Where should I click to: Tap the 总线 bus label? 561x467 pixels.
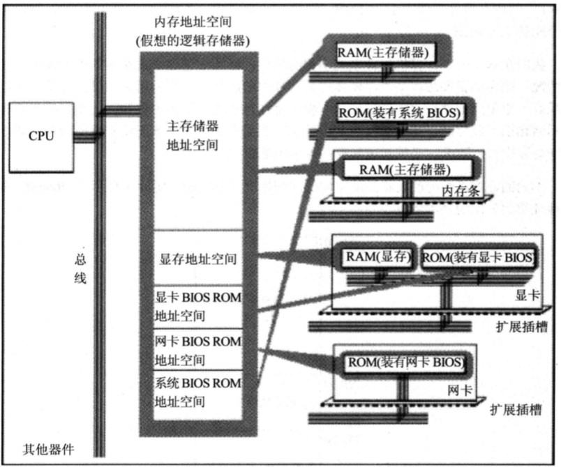pyautogui.click(x=81, y=268)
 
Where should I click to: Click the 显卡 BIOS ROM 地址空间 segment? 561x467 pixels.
pyautogui.click(x=197, y=305)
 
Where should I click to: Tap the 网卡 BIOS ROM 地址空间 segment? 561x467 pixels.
pyautogui.click(x=197, y=350)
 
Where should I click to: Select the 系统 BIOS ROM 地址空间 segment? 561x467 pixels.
pyautogui.click(x=197, y=392)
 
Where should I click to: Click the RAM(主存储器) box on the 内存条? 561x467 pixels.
pyautogui.click(x=404, y=169)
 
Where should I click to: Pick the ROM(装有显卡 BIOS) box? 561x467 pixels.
pyautogui.click(x=478, y=257)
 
